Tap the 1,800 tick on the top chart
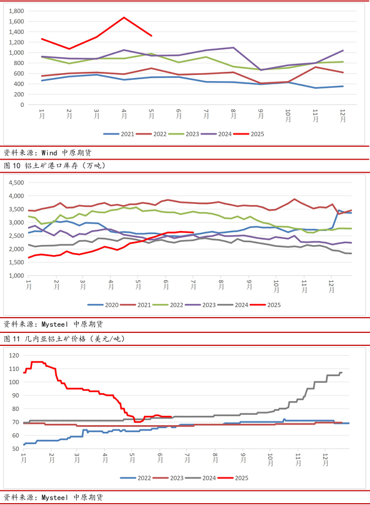tap(17, 11)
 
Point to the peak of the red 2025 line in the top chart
tap(124, 17)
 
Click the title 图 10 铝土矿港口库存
tap(55, 165)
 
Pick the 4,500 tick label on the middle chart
tap(14, 183)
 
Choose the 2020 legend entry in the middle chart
tap(110, 305)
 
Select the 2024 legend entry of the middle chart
tap(241, 305)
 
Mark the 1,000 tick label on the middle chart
tap(14, 275)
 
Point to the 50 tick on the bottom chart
tap(15, 449)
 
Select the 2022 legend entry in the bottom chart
tap(144, 477)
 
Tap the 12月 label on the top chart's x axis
tap(342, 114)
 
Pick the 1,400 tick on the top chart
tap(17, 32)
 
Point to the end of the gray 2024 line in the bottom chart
tap(341, 372)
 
